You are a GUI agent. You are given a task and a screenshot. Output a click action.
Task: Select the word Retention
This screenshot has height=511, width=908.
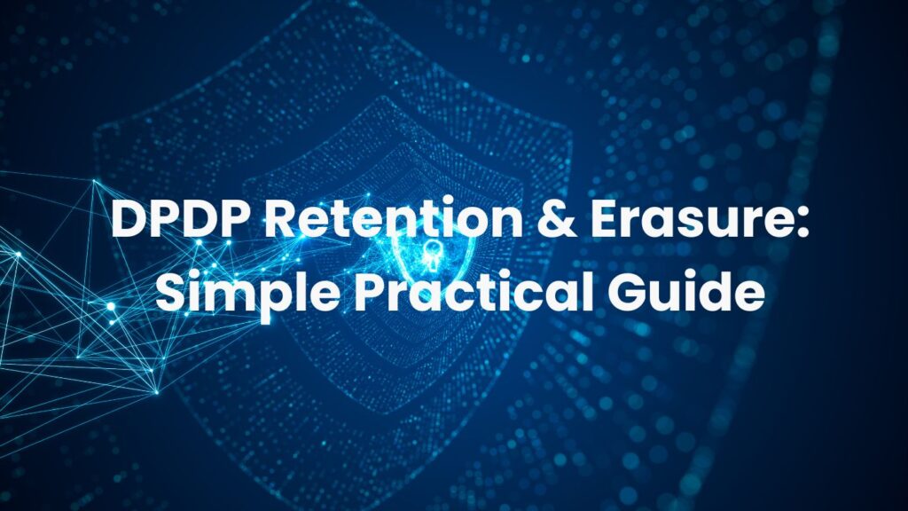394,218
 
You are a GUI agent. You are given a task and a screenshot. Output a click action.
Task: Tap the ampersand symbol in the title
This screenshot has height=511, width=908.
556,218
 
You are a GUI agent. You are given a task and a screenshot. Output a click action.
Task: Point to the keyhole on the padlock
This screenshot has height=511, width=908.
430,255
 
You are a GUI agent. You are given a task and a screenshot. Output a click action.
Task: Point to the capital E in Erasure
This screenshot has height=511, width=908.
606,218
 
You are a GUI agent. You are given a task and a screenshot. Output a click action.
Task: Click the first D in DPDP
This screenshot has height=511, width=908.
128,218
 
